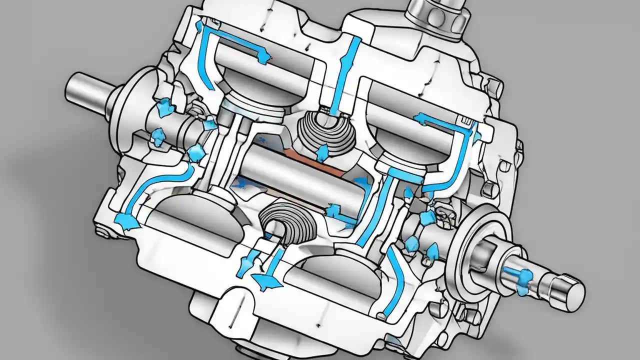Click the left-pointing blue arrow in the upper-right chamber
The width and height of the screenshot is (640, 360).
pyautogui.click(x=420, y=119)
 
